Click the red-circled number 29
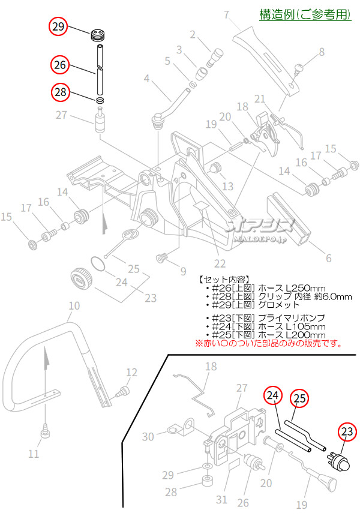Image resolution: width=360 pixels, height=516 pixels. click(59, 27)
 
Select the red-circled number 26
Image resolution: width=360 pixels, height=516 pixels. click(59, 64)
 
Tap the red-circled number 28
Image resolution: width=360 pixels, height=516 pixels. click(59, 92)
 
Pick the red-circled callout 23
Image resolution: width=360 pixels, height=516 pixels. click(346, 431)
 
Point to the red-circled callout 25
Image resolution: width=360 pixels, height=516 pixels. click(300, 397)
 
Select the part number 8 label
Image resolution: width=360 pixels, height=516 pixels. click(322, 52)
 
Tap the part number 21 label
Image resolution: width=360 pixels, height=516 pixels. click(260, 99)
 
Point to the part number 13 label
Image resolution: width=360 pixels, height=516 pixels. click(227, 187)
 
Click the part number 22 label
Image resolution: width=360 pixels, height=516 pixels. click(220, 263)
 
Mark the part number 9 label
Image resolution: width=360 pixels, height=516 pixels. click(184, 271)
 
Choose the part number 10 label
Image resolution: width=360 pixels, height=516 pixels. click(73, 306)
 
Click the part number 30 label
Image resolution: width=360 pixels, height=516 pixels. click(148, 437)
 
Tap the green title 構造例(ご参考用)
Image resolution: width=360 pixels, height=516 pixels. click(305, 14)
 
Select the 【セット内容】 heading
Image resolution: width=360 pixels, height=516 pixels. click(221, 280)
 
